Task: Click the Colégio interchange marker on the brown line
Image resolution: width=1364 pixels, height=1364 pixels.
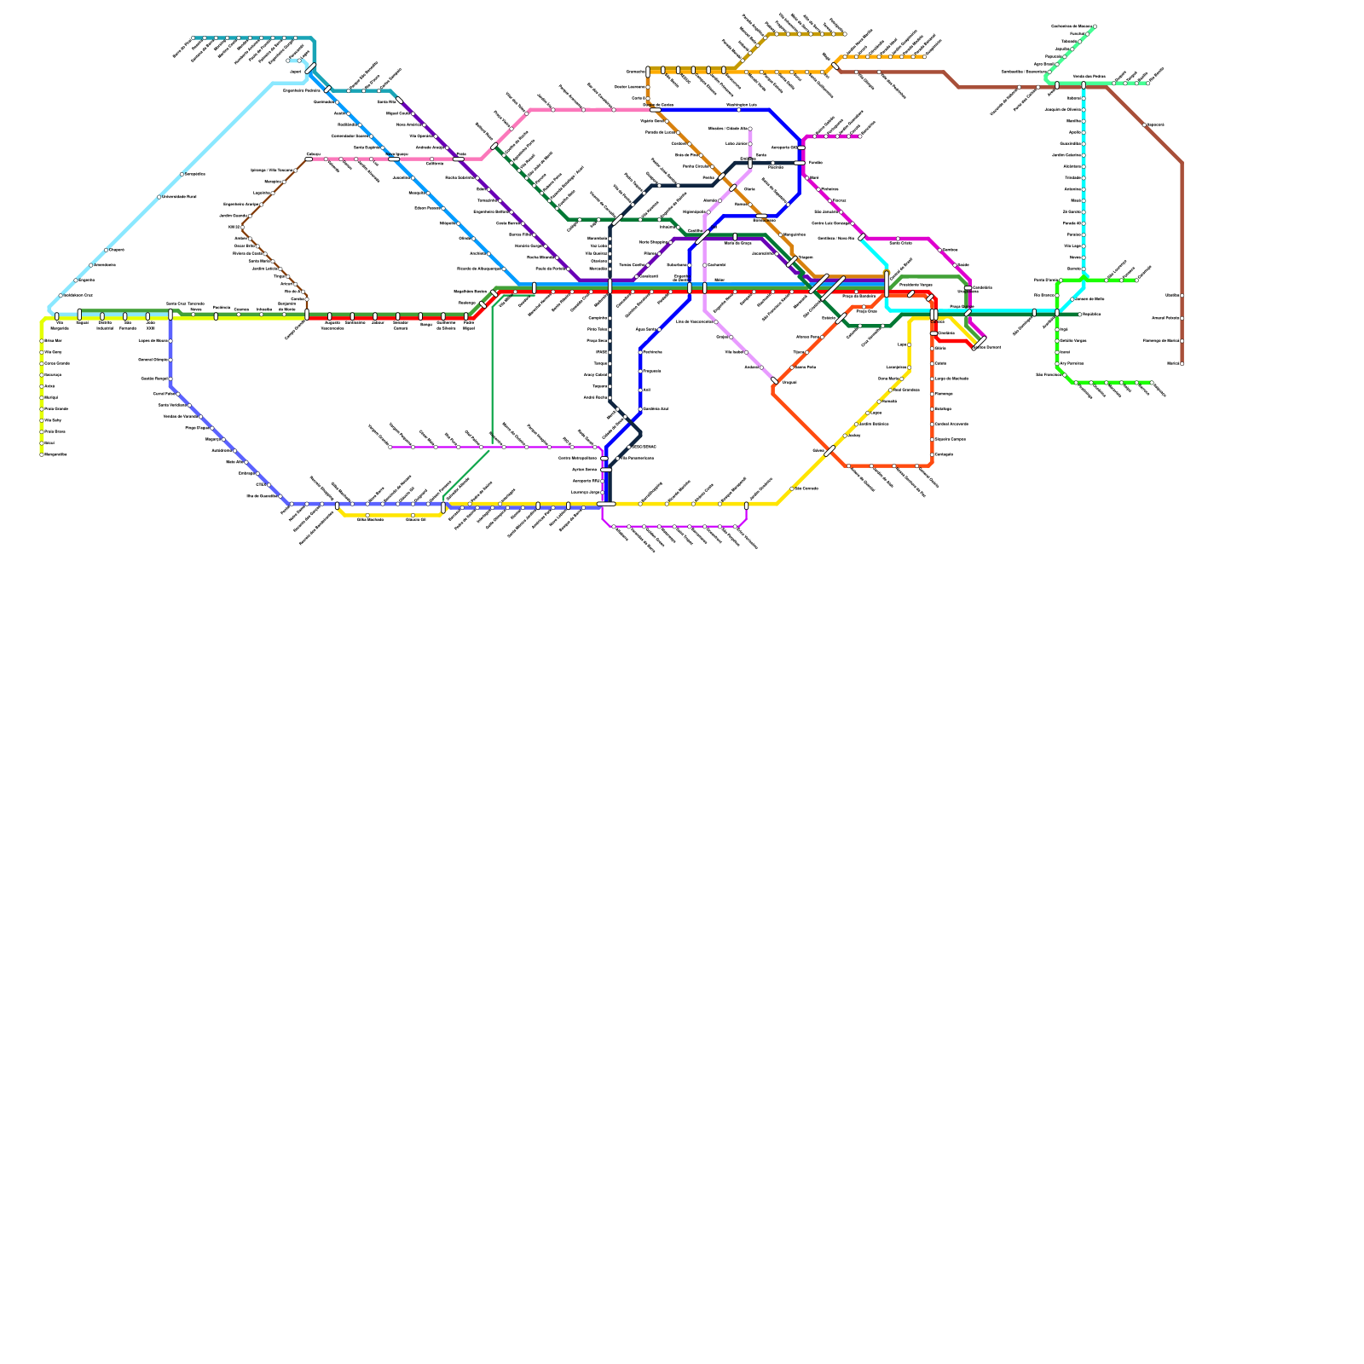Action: tap(309, 159)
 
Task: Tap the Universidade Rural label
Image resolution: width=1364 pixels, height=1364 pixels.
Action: tap(179, 197)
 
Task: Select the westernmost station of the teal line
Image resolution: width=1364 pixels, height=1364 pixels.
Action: tap(195, 38)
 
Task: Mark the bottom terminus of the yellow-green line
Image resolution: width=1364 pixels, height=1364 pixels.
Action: tap(42, 454)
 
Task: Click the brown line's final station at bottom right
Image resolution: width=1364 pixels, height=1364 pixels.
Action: tap(1182, 364)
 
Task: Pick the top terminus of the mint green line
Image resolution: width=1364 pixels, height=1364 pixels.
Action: tap(1095, 26)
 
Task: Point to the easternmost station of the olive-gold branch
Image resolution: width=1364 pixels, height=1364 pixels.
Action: tap(842, 34)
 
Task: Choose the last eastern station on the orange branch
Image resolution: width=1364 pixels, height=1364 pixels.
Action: tap(923, 57)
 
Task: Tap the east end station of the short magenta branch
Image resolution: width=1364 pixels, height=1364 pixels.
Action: tap(860, 136)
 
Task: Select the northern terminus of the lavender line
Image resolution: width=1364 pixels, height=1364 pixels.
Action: tap(750, 130)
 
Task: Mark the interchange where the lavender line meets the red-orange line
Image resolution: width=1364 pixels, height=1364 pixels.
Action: tap(774, 381)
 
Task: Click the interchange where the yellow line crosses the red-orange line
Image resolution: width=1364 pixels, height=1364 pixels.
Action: tap(829, 451)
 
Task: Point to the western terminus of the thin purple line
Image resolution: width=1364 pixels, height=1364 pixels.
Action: tap(390, 447)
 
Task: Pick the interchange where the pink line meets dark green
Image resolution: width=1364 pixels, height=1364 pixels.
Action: tap(494, 147)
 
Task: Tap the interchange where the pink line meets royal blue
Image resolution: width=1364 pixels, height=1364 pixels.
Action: tap(655, 110)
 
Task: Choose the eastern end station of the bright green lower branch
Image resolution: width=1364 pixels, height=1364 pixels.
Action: tap(1152, 383)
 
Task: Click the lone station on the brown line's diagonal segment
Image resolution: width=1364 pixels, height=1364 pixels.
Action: tap(1145, 125)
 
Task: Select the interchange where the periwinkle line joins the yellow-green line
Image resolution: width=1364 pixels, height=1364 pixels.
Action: tap(170, 315)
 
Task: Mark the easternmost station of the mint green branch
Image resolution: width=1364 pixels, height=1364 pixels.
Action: tap(1147, 84)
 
